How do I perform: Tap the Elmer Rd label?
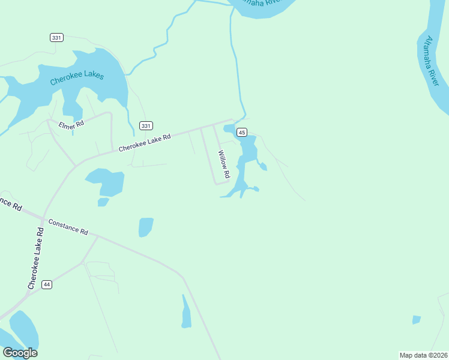coord(71,125)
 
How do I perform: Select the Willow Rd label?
coord(224,164)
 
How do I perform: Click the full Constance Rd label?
coord(68,227)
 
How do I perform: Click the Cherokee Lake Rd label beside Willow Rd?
coord(145,142)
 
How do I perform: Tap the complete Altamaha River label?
coord(432,61)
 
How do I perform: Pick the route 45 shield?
coord(242,132)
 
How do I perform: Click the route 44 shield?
coord(47,284)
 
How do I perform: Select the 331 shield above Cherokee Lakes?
coord(56,37)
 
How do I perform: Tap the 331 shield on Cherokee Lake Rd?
coord(146,125)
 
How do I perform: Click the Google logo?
coord(20,352)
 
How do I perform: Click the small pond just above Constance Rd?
coord(146,227)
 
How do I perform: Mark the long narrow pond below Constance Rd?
coord(185,312)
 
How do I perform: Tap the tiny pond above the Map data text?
coord(416,320)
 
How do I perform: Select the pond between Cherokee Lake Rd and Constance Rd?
coord(107,182)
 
